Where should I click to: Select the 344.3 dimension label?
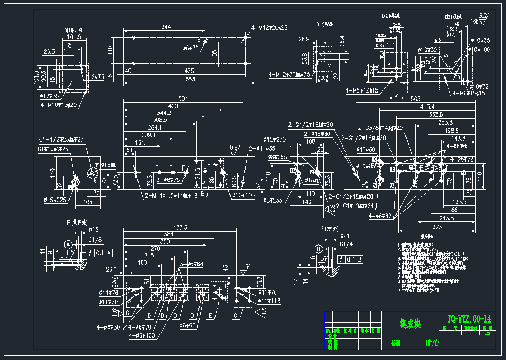tap(164, 113)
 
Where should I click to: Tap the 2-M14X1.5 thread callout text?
tap(171, 196)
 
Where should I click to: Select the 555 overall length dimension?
tap(186, 79)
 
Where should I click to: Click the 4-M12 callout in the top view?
tap(269, 27)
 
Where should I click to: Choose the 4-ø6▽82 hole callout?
tap(380, 216)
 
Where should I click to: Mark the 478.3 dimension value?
tap(180, 227)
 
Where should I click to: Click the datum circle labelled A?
tap(68, 244)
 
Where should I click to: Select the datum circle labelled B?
tap(319, 249)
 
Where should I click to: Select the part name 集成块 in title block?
tap(411, 324)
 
